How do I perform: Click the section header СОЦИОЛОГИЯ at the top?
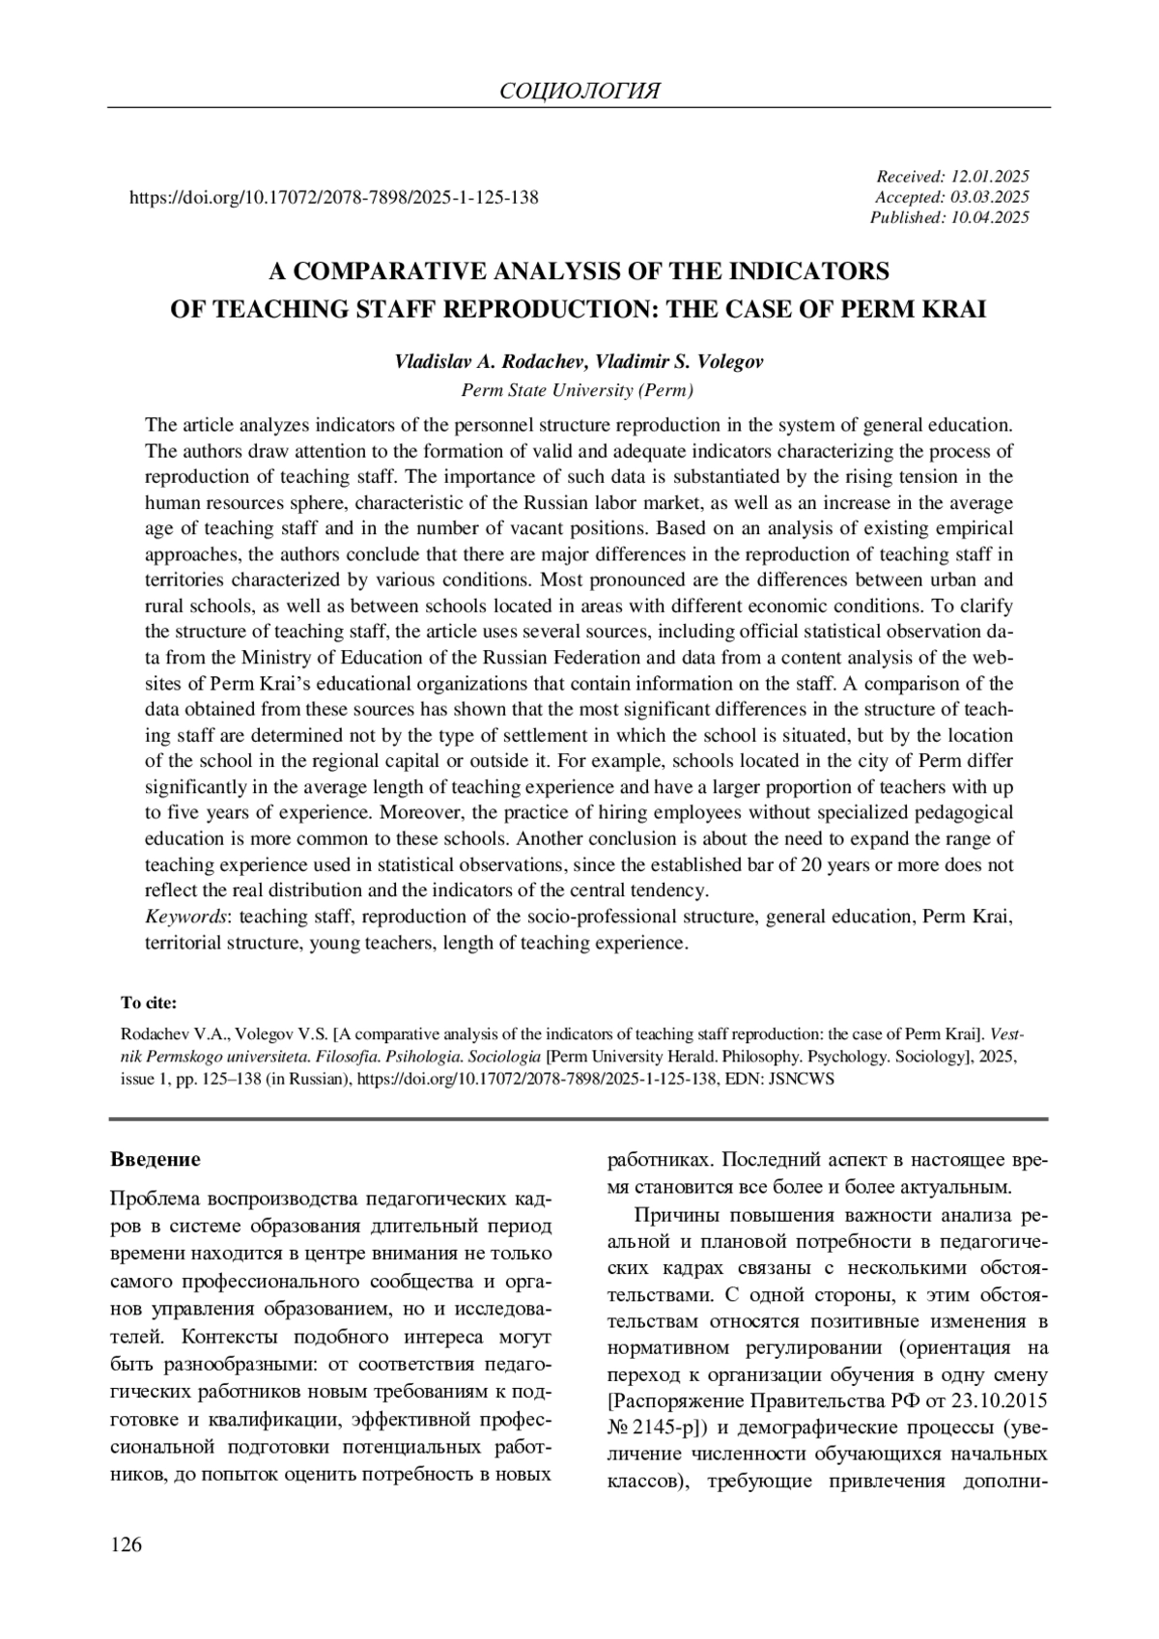(x=579, y=91)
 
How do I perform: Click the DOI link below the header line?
(x=333, y=198)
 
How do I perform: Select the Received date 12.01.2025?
(x=990, y=177)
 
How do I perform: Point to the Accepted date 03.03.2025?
(x=990, y=197)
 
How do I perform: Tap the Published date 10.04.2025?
(x=990, y=217)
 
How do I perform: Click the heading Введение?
(x=155, y=1159)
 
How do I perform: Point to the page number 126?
(x=127, y=1545)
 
